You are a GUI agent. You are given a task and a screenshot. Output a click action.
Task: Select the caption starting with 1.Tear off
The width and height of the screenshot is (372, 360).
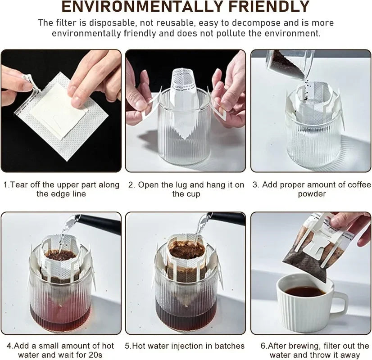click(x=61, y=189)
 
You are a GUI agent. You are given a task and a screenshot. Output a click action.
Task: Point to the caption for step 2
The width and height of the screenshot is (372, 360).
click(x=186, y=189)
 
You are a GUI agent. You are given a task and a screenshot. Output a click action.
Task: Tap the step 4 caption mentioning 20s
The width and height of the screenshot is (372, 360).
click(x=61, y=350)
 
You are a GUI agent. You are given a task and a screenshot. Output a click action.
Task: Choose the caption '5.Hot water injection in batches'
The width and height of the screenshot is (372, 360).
click(x=185, y=346)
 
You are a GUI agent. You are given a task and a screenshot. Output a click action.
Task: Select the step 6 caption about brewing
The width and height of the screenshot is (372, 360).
click(x=314, y=350)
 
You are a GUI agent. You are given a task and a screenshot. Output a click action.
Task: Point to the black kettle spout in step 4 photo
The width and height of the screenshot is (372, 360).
click(x=97, y=221)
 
